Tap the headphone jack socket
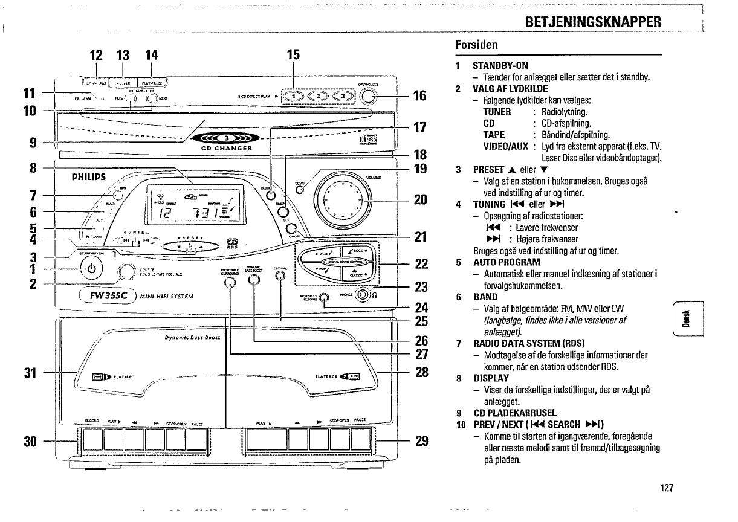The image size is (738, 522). pos(363,295)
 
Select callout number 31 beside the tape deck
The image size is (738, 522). pos(26,372)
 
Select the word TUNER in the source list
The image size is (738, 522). pos(497,112)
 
